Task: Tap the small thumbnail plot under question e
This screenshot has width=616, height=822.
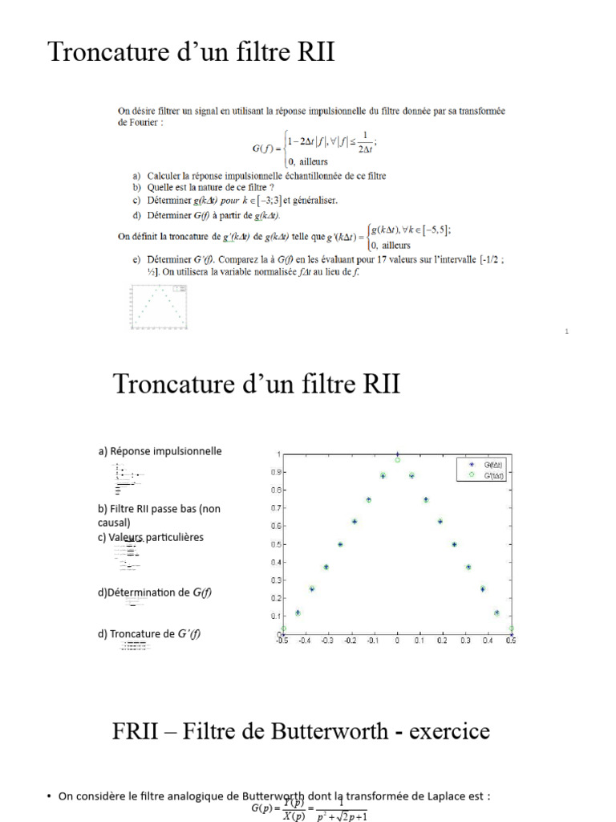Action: [159, 307]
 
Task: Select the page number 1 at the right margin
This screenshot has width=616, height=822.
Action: [566, 331]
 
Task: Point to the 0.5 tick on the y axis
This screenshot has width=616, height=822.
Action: [274, 544]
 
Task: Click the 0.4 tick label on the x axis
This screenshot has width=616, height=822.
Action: [488, 641]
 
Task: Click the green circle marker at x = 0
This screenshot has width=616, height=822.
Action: [397, 460]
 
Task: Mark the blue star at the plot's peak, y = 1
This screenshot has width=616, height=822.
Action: [397, 454]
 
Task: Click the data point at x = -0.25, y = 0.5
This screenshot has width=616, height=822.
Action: [340, 544]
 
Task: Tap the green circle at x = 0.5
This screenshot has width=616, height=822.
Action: [511, 629]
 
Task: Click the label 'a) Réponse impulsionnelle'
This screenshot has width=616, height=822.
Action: [160, 451]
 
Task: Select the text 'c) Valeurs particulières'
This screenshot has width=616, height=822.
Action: [151, 537]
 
